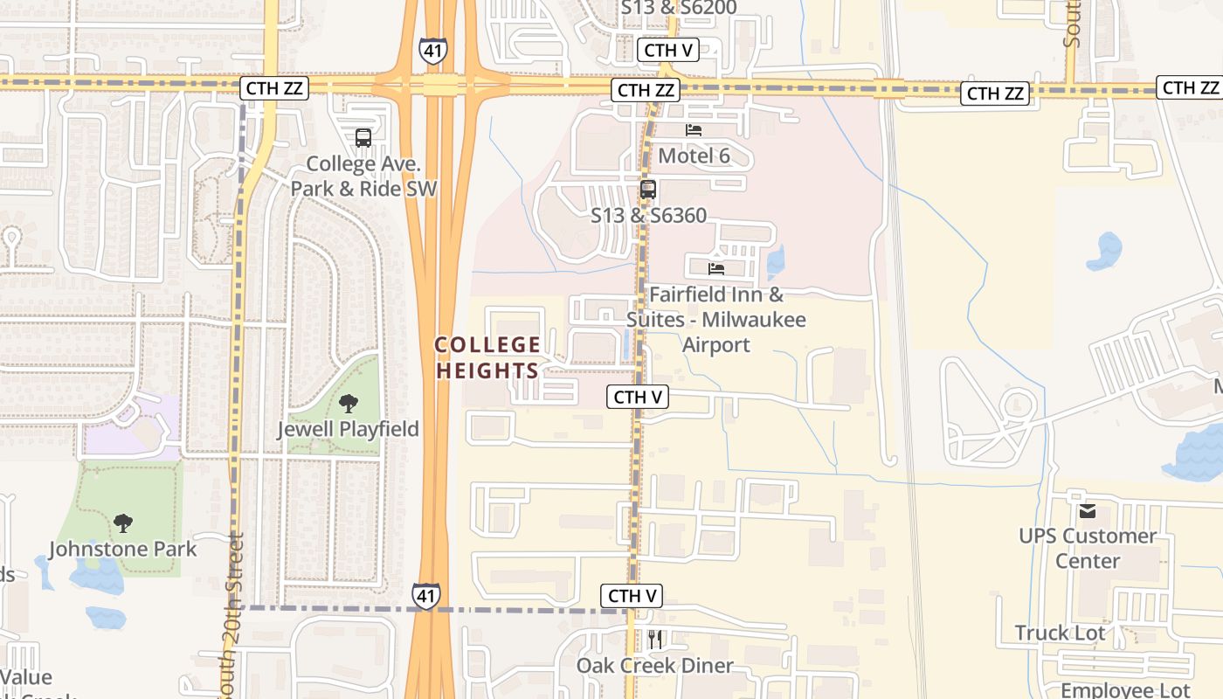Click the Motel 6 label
pyautogui.click(x=694, y=156)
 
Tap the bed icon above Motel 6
pyautogui.click(x=694, y=130)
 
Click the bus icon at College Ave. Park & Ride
pyautogui.click(x=363, y=138)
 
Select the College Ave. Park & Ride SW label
pyautogui.click(x=363, y=176)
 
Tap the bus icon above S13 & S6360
pyautogui.click(x=647, y=189)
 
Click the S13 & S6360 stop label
pyautogui.click(x=648, y=215)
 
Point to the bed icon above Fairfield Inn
pyautogui.click(x=716, y=268)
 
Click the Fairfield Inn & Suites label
pyautogui.click(x=716, y=320)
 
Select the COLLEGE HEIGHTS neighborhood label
pyautogui.click(x=487, y=358)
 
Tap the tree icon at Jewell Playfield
pyautogui.click(x=349, y=404)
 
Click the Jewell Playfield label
pyautogui.click(x=348, y=429)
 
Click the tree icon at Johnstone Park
pyautogui.click(x=123, y=523)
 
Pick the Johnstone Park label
pyautogui.click(x=123, y=549)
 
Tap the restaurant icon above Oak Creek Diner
pyautogui.click(x=655, y=640)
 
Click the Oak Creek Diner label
pyautogui.click(x=655, y=666)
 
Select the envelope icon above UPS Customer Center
pyautogui.click(x=1087, y=511)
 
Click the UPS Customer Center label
pyautogui.click(x=1088, y=548)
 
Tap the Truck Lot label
pyautogui.click(x=1060, y=633)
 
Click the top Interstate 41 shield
pyautogui.click(x=433, y=50)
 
